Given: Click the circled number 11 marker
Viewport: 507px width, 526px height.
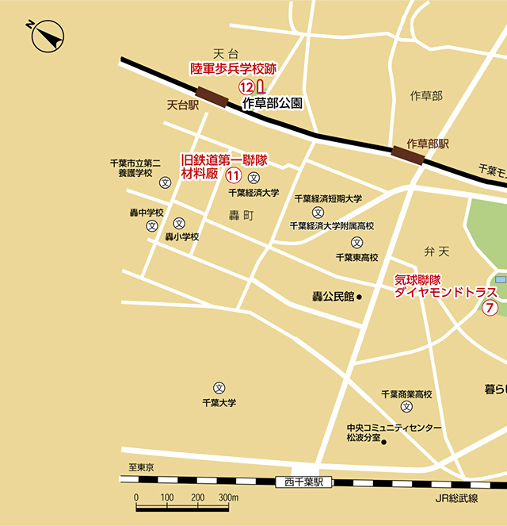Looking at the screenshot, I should pos(233,175).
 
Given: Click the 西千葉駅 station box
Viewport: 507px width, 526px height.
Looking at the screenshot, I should pos(304,482).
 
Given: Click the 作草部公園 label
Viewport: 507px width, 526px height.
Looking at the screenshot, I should pos(272,103).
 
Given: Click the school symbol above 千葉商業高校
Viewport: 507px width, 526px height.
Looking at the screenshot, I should pos(406,407).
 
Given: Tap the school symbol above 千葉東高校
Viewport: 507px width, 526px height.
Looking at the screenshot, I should pos(356,242).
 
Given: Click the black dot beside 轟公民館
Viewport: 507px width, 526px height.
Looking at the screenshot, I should pos(359,298).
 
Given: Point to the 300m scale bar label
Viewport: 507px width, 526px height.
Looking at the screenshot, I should pos(229,497).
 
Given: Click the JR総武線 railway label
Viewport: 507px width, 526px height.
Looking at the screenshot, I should pos(456,498).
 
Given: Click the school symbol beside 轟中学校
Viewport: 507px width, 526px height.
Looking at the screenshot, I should pos(152,226).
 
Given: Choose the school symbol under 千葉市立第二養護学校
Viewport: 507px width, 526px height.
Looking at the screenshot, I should pos(166,182).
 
